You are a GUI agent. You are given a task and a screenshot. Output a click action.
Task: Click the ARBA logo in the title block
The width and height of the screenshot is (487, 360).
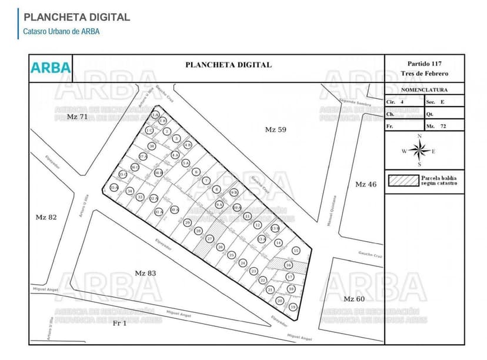click(51, 67)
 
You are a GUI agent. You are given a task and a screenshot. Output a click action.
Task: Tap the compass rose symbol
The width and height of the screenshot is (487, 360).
click(419, 151)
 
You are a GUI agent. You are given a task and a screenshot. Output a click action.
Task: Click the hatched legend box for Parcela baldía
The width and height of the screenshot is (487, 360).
click(402, 181)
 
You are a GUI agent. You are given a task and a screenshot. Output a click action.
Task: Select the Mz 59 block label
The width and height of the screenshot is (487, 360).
click(275, 129)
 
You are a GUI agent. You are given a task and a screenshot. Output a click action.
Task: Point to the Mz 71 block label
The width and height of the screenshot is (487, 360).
click(77, 117)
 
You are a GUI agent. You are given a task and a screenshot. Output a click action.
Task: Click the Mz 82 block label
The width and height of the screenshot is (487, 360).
click(46, 217)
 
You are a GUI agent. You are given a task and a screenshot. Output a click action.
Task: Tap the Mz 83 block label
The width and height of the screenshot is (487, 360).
click(145, 273)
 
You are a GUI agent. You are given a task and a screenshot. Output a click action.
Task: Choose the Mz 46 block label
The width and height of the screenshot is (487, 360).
click(365, 184)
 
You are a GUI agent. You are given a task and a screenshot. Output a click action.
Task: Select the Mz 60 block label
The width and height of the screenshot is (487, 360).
click(354, 299)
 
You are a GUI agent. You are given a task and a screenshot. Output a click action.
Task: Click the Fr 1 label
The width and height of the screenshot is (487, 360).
click(119, 323)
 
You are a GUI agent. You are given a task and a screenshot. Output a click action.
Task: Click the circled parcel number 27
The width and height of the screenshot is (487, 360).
click(209, 239)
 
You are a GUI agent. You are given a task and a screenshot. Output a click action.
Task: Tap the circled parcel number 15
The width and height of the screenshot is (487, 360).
click(296, 251)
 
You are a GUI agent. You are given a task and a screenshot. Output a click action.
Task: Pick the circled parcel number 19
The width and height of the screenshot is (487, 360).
click(293, 307)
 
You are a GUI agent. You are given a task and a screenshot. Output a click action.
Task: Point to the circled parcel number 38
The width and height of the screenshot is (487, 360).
click(152, 146)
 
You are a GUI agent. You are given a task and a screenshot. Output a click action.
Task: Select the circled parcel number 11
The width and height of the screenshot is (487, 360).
click(247, 216)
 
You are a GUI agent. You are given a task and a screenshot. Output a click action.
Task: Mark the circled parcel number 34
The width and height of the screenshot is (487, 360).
click(129, 191)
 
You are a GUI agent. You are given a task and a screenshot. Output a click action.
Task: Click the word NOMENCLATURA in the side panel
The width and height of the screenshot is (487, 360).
click(424, 90)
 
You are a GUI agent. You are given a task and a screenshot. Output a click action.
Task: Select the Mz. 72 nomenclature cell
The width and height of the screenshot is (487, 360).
click(443, 126)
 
